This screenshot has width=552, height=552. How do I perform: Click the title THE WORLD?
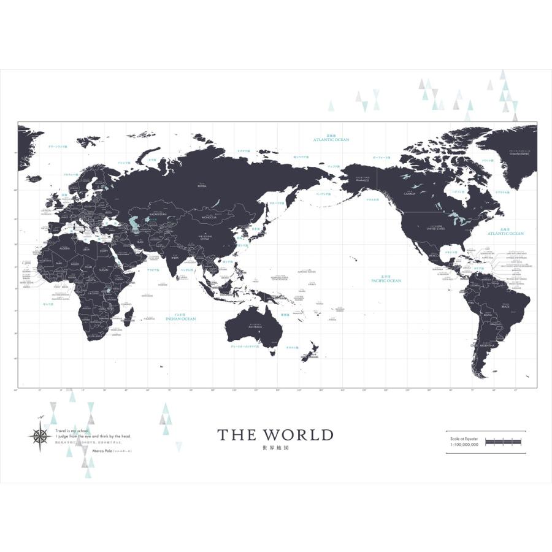coord(275,435)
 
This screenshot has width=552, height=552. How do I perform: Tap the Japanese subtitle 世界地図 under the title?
coord(275,448)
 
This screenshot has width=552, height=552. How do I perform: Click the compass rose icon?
coord(39,435)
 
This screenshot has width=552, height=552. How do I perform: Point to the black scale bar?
coord(503,442)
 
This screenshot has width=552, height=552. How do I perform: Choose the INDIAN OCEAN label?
coord(181,319)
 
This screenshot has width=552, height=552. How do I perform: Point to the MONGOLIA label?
coord(204,216)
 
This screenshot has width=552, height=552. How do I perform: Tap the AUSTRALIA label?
coord(255,326)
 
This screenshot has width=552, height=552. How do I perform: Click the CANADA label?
coord(410,196)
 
